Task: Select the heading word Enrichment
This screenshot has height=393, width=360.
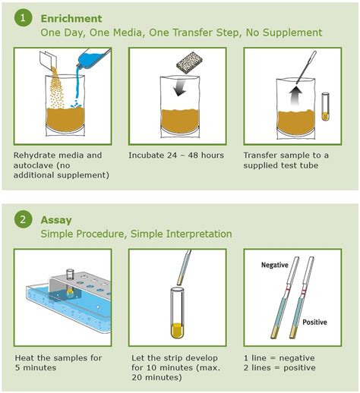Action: click(x=71, y=17)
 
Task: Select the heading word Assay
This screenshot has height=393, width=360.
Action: click(x=55, y=219)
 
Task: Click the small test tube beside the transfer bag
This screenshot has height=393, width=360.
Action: click(x=326, y=105)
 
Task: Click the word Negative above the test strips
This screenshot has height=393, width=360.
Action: click(x=277, y=265)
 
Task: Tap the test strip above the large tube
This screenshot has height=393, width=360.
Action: click(x=182, y=268)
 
